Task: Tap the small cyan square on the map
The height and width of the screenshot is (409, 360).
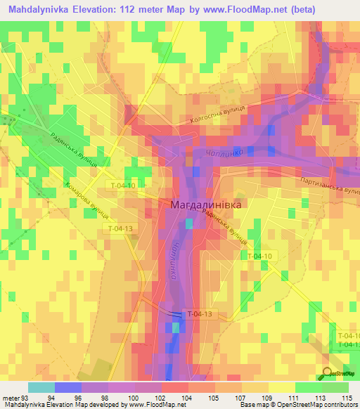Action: coord(188,223)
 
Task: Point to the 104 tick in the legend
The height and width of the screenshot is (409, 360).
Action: coord(188,398)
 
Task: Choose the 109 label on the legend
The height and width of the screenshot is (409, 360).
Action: coord(269,398)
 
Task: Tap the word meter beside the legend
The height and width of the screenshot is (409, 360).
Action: coord(11,398)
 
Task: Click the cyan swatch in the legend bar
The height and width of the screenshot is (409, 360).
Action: coord(41,387)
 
